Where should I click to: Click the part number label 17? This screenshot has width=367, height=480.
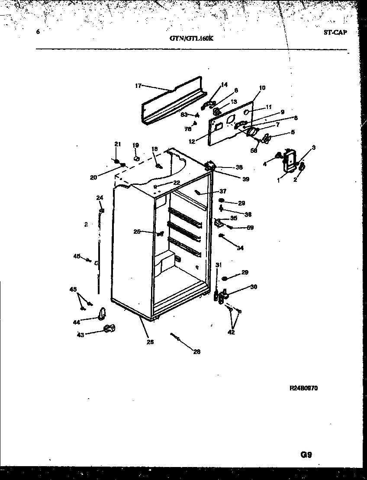pyautogui.click(x=138, y=86)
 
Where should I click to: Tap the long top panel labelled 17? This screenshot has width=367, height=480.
pyautogui.click(x=173, y=102)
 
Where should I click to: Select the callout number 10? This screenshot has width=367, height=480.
pyautogui.click(x=262, y=88)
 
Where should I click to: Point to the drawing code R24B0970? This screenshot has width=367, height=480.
pyautogui.click(x=303, y=388)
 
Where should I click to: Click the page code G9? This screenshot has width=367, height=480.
pyautogui.click(x=306, y=454)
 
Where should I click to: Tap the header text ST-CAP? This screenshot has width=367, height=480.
pyautogui.click(x=335, y=32)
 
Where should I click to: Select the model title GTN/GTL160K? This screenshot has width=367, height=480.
pyautogui.click(x=192, y=38)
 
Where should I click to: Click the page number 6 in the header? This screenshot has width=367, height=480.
pyautogui.click(x=39, y=32)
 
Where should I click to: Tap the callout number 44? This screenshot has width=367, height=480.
pyautogui.click(x=76, y=322)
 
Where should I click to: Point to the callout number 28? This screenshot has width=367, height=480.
pyautogui.click(x=196, y=351)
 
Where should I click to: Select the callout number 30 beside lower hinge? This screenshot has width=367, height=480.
pyautogui.click(x=254, y=287)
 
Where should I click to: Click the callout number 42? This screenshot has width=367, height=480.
pyautogui.click(x=232, y=332)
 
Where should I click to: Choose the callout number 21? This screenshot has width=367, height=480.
pyautogui.click(x=117, y=144)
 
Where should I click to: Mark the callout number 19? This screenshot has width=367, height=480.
pyautogui.click(x=135, y=145)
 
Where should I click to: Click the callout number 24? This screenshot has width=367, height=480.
pyautogui.click(x=100, y=198)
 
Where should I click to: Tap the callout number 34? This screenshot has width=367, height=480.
pyautogui.click(x=240, y=248)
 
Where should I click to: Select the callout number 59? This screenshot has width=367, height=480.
pyautogui.click(x=250, y=228)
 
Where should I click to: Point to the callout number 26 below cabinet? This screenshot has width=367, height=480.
pyautogui.click(x=150, y=341)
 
